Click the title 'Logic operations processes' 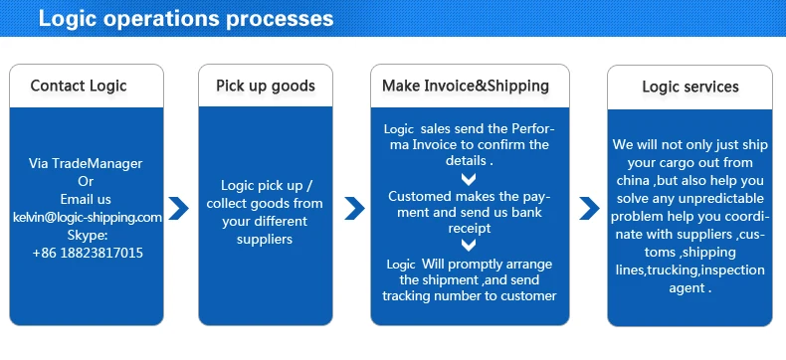tap(186, 19)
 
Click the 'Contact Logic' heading tap(79, 86)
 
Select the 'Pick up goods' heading tap(266, 86)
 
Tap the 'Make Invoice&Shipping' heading tap(466, 86)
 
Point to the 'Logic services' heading tap(690, 87)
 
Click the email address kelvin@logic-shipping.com tap(88, 218)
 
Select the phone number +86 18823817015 tap(88, 253)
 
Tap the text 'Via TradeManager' tap(86, 164)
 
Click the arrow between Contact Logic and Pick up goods tap(178, 208)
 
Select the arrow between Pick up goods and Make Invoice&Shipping tap(354, 208)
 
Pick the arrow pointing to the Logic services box tap(589, 208)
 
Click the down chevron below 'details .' tap(469, 179)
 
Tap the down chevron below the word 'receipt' tap(469, 245)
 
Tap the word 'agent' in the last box tap(687, 289)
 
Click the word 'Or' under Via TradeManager tap(86, 181)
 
